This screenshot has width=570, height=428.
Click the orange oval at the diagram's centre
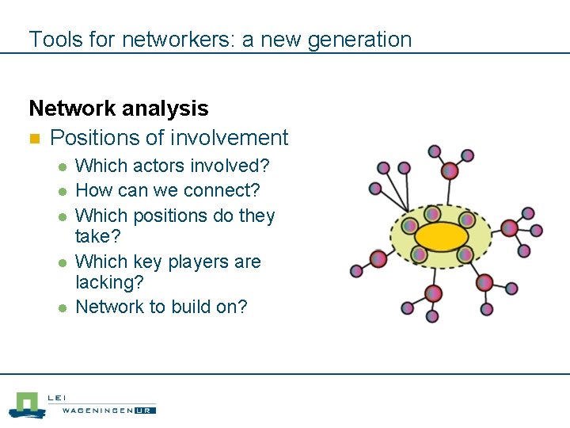[442, 235]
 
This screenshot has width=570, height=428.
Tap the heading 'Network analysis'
[119, 108]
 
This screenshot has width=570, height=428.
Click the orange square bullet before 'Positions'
[34, 139]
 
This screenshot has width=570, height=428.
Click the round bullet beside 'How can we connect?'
[61, 192]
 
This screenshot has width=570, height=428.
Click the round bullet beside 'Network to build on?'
[61, 308]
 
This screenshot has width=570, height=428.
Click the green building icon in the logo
[28, 404]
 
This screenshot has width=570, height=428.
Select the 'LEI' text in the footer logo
[58, 398]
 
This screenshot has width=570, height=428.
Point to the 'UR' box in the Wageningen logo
[145, 410]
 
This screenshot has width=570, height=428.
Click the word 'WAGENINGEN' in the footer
[91, 410]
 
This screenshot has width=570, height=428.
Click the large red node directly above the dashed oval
[450, 170]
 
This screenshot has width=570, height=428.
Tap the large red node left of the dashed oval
[378, 259]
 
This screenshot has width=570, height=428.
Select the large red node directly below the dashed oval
[433, 294]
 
